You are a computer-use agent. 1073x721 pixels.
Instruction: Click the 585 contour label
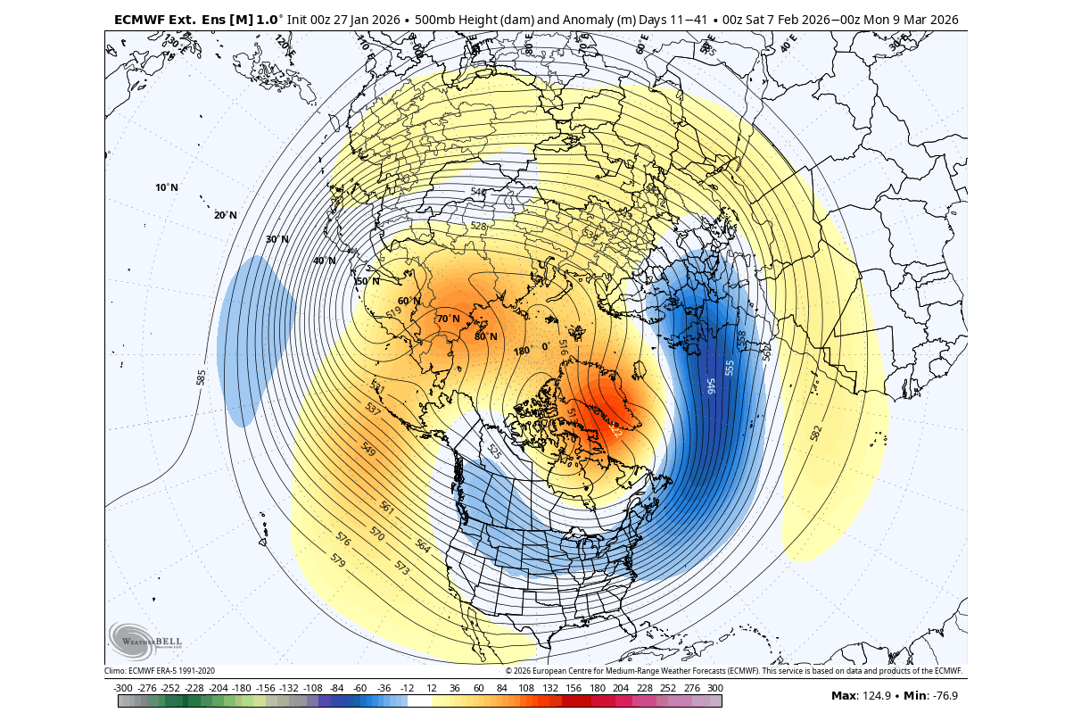tap(201, 377)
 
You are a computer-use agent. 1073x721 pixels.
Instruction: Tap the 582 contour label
tap(815, 433)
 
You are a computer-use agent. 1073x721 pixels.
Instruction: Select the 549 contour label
tap(367, 451)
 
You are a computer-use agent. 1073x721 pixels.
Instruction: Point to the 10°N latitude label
tap(167, 187)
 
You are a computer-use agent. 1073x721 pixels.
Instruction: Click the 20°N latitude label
tap(226, 215)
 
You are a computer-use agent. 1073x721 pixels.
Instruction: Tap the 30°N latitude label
tap(277, 239)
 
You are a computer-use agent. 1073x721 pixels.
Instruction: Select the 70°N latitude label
tap(448, 319)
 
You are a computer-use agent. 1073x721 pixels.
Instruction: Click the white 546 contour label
tap(711, 385)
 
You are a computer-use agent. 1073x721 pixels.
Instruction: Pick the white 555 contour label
tap(729, 368)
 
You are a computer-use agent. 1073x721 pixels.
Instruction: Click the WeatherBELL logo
tap(145, 640)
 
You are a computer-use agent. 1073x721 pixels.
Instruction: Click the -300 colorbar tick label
tap(123, 688)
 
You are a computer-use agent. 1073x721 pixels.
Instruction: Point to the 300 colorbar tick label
tap(714, 688)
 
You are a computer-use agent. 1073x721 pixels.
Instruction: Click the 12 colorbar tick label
tap(431, 688)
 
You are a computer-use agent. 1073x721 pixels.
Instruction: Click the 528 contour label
tap(479, 227)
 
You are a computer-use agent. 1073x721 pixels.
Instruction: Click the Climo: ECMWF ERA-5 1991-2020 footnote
tap(160, 670)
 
